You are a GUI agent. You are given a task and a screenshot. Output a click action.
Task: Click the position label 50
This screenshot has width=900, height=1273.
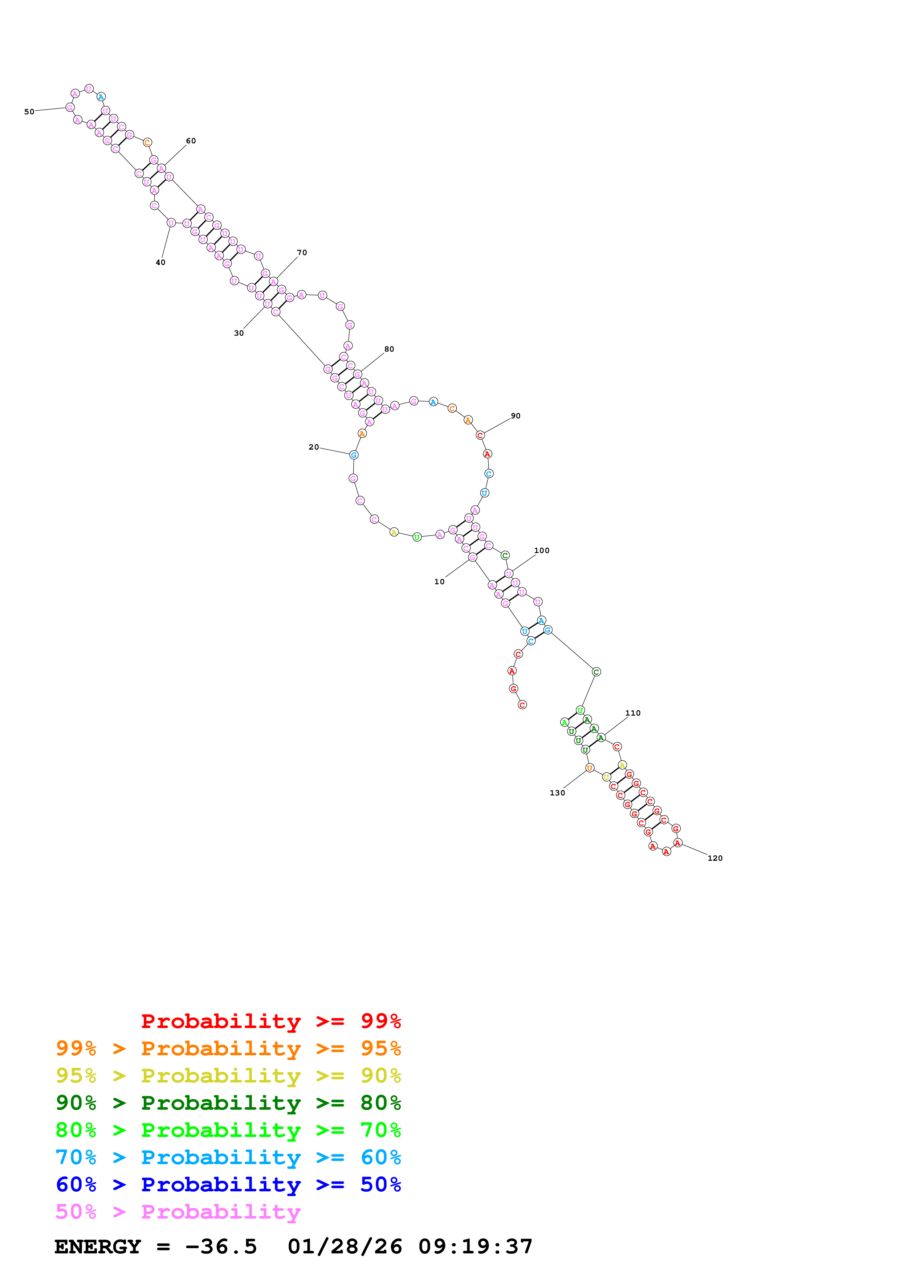(29, 112)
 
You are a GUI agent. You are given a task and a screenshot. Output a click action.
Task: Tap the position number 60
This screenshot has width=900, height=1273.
(191, 141)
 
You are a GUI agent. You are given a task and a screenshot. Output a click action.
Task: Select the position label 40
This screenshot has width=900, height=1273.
(160, 262)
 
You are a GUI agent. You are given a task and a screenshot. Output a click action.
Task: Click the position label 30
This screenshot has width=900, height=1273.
(239, 333)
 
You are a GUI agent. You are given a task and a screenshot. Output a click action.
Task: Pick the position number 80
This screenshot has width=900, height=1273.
(389, 349)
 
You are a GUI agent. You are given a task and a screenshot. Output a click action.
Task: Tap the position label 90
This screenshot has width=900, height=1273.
(516, 416)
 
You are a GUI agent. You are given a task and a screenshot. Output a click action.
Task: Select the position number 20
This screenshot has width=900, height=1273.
(314, 447)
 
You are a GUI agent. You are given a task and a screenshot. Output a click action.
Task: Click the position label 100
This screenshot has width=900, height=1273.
(542, 550)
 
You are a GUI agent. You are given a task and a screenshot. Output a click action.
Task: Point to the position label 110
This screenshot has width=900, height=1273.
(633, 713)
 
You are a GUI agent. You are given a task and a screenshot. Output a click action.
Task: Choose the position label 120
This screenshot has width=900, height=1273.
(715, 858)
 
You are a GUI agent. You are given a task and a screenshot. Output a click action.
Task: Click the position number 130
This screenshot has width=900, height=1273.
(557, 793)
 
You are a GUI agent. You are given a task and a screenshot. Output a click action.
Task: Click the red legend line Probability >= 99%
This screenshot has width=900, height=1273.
(270, 1021)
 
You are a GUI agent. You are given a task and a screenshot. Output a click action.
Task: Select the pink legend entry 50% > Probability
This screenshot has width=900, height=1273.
(178, 1212)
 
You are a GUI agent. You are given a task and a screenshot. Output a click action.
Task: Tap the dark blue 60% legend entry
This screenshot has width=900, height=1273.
(228, 1185)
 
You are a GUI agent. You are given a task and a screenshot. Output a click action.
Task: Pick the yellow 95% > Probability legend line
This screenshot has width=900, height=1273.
(228, 1076)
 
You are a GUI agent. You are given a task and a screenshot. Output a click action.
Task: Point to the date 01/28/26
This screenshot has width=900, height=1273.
(345, 1247)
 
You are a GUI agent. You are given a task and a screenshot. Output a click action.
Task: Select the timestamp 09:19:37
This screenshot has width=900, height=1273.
(475, 1247)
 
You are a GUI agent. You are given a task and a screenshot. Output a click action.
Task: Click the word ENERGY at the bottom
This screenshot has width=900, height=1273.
(98, 1247)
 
